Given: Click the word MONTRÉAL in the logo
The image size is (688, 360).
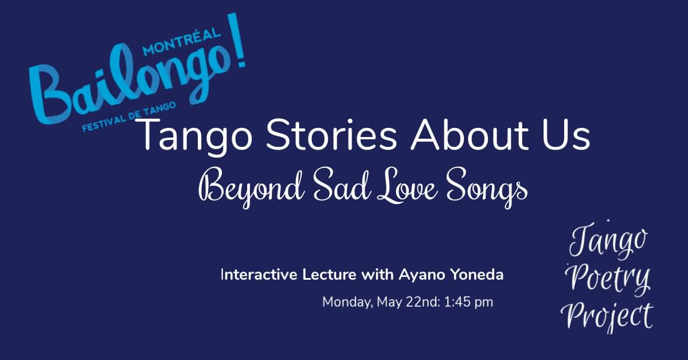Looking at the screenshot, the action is (x=182, y=42).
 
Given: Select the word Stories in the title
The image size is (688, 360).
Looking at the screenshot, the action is (x=332, y=135).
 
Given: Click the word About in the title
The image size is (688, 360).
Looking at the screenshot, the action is (x=470, y=135).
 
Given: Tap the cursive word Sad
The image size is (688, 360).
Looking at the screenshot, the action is (x=342, y=185).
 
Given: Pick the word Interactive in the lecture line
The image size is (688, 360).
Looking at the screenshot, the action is (x=259, y=275).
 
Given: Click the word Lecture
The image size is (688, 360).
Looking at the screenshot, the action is (x=329, y=275).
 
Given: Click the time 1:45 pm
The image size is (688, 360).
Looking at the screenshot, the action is (x=469, y=302).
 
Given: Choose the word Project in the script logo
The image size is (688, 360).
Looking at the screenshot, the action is (x=607, y=316).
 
